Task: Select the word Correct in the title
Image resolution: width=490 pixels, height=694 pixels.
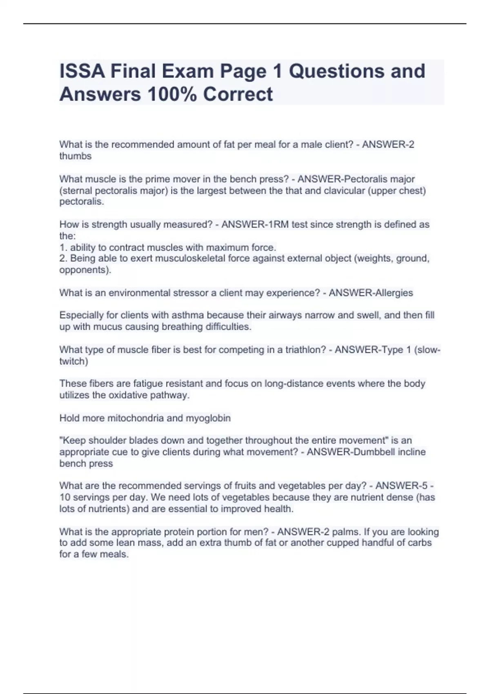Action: [x=238, y=94]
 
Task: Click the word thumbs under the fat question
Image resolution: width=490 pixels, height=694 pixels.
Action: [x=76, y=156]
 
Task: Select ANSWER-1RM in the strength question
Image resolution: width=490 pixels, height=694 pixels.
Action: [x=255, y=225]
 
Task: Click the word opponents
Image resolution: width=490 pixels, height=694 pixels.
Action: [x=84, y=270]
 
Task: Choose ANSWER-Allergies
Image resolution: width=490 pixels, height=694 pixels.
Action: [x=371, y=293]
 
